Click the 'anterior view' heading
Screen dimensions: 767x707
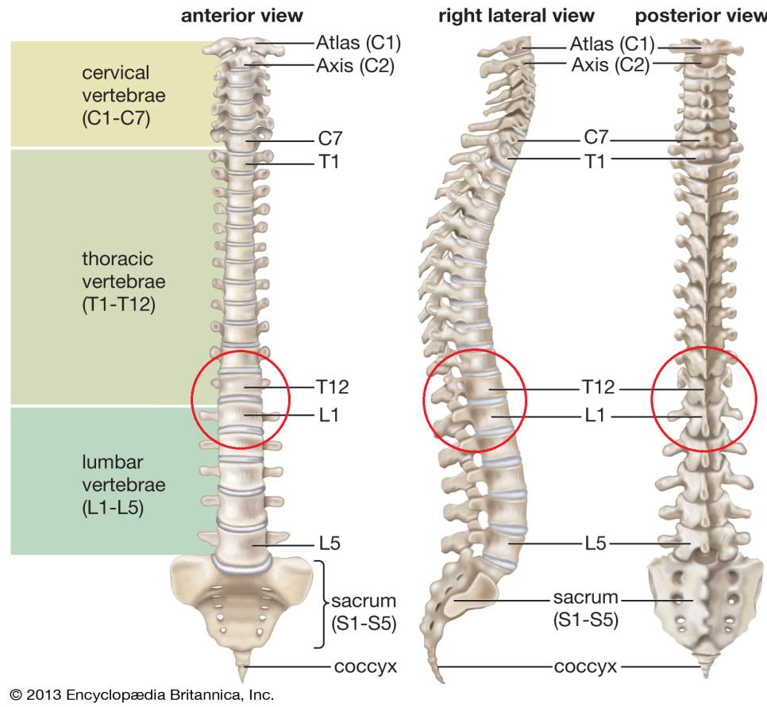click(241, 16)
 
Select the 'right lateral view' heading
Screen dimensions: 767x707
click(516, 16)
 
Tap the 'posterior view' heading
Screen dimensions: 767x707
click(700, 16)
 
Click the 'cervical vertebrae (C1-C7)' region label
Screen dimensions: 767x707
click(124, 95)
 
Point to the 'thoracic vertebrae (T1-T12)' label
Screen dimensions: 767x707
click(124, 282)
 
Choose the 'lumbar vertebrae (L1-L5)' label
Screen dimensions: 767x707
click(124, 485)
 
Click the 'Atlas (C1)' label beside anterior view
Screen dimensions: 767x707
click(359, 43)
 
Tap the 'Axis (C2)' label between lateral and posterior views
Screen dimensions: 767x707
click(611, 65)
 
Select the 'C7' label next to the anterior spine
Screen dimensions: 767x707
click(330, 138)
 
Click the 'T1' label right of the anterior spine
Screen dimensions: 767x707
click(329, 162)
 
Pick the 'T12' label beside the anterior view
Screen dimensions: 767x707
click(333, 387)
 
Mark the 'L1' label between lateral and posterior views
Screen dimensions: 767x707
click(595, 416)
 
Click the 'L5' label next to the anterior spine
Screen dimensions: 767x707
click(330, 544)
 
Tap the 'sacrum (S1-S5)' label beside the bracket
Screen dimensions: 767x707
click(364, 612)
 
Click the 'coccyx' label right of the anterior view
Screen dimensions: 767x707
click(365, 667)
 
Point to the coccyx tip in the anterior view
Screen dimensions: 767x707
click(241, 682)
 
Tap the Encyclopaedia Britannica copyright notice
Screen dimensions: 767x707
click(142, 695)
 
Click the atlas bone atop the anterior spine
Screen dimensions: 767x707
click(243, 48)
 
